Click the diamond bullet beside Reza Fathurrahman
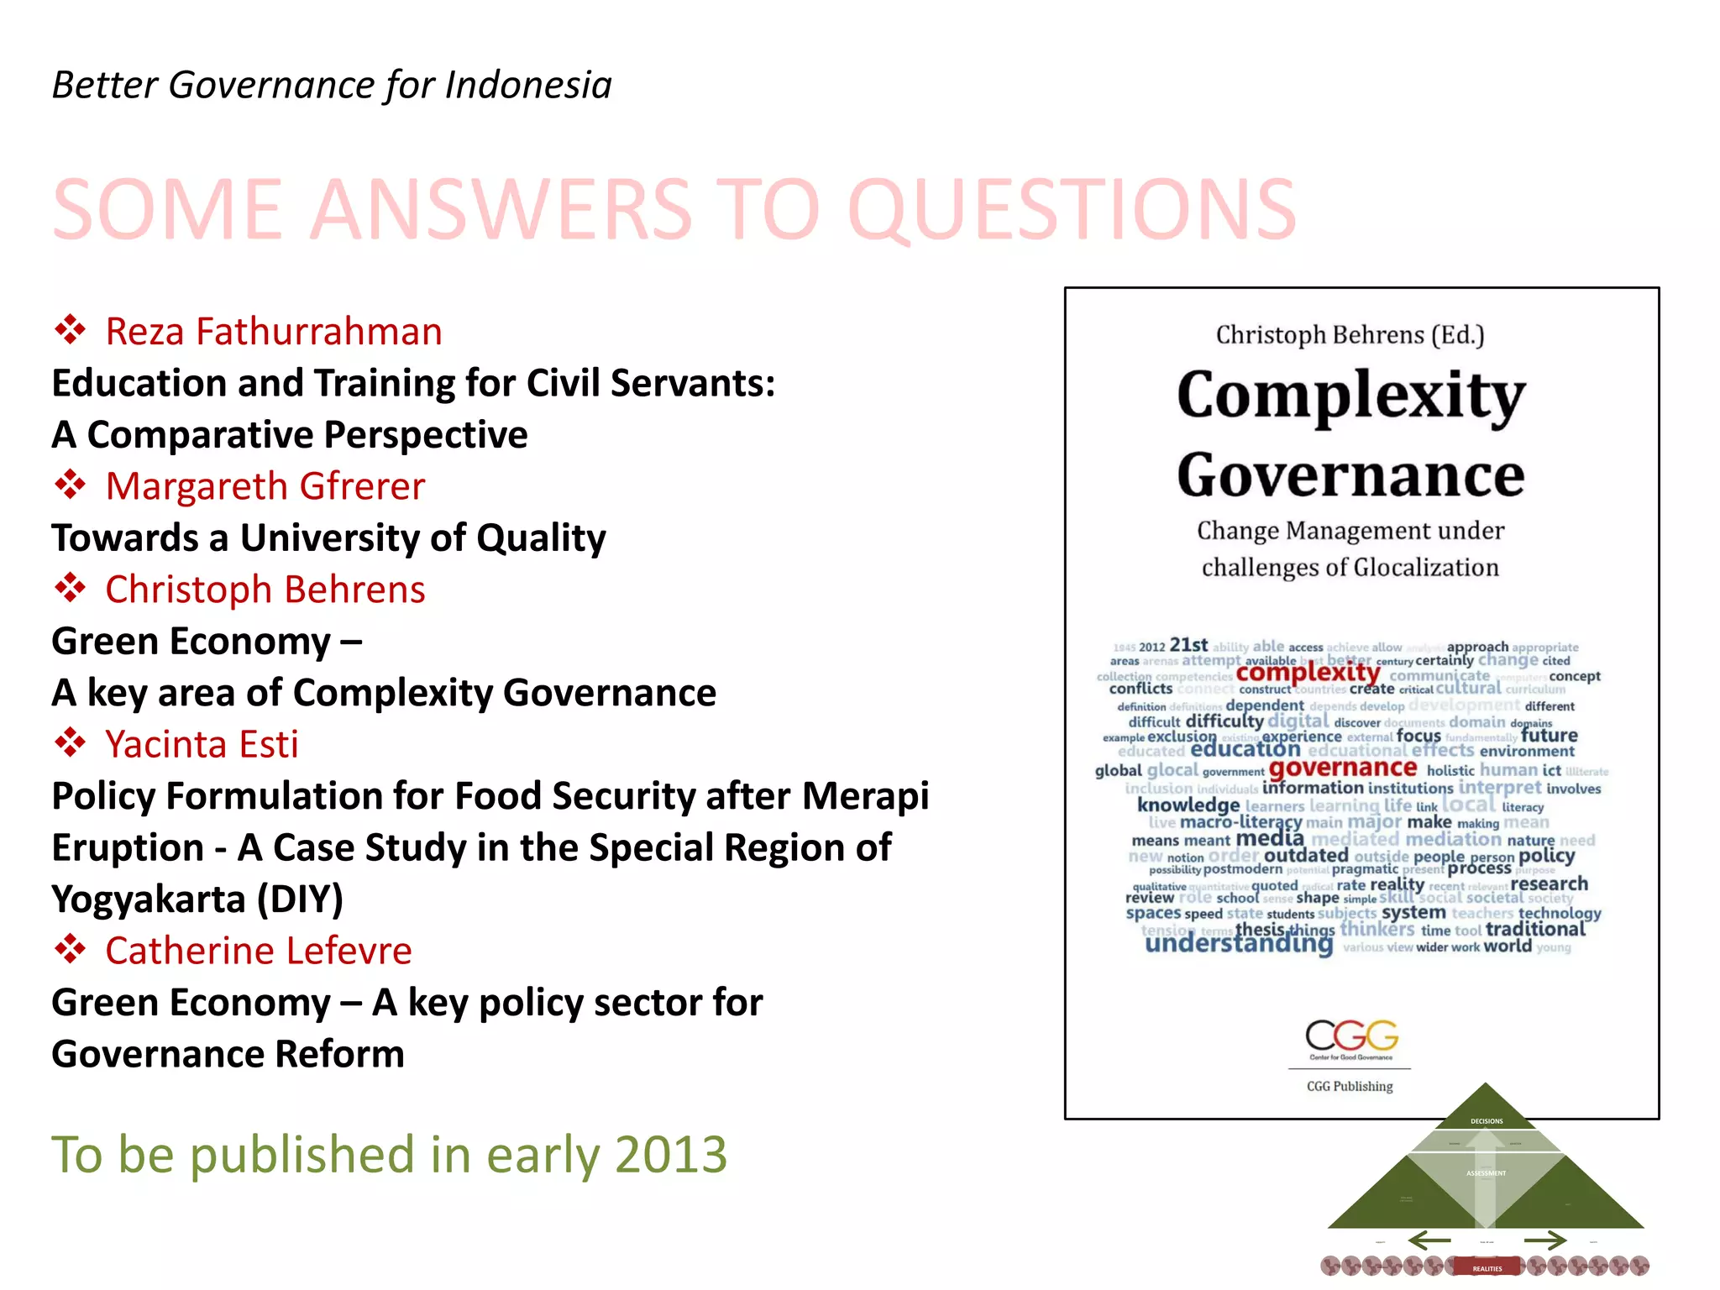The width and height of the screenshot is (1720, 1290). tap(71, 330)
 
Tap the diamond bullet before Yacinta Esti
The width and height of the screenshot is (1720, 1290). tap(71, 742)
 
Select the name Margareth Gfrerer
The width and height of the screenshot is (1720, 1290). tap(265, 486)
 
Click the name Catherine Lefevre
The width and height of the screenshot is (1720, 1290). tap(259, 951)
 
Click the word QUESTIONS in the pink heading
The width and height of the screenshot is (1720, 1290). tap(1072, 209)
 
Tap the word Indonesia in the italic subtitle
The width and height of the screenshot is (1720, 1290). tap(528, 85)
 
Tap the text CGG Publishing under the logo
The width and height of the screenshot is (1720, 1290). tap(1350, 1086)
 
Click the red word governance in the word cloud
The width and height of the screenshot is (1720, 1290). tap(1342, 768)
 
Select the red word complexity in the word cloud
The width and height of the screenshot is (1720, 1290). tap(1308, 673)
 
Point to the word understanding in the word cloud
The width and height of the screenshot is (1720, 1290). tap(1239, 944)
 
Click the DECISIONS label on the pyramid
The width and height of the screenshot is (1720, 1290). tap(1487, 1121)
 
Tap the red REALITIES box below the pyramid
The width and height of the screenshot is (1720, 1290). tap(1487, 1268)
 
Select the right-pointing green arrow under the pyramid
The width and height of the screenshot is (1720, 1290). tap(1545, 1240)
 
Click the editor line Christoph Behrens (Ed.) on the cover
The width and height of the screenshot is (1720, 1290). tap(1350, 335)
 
